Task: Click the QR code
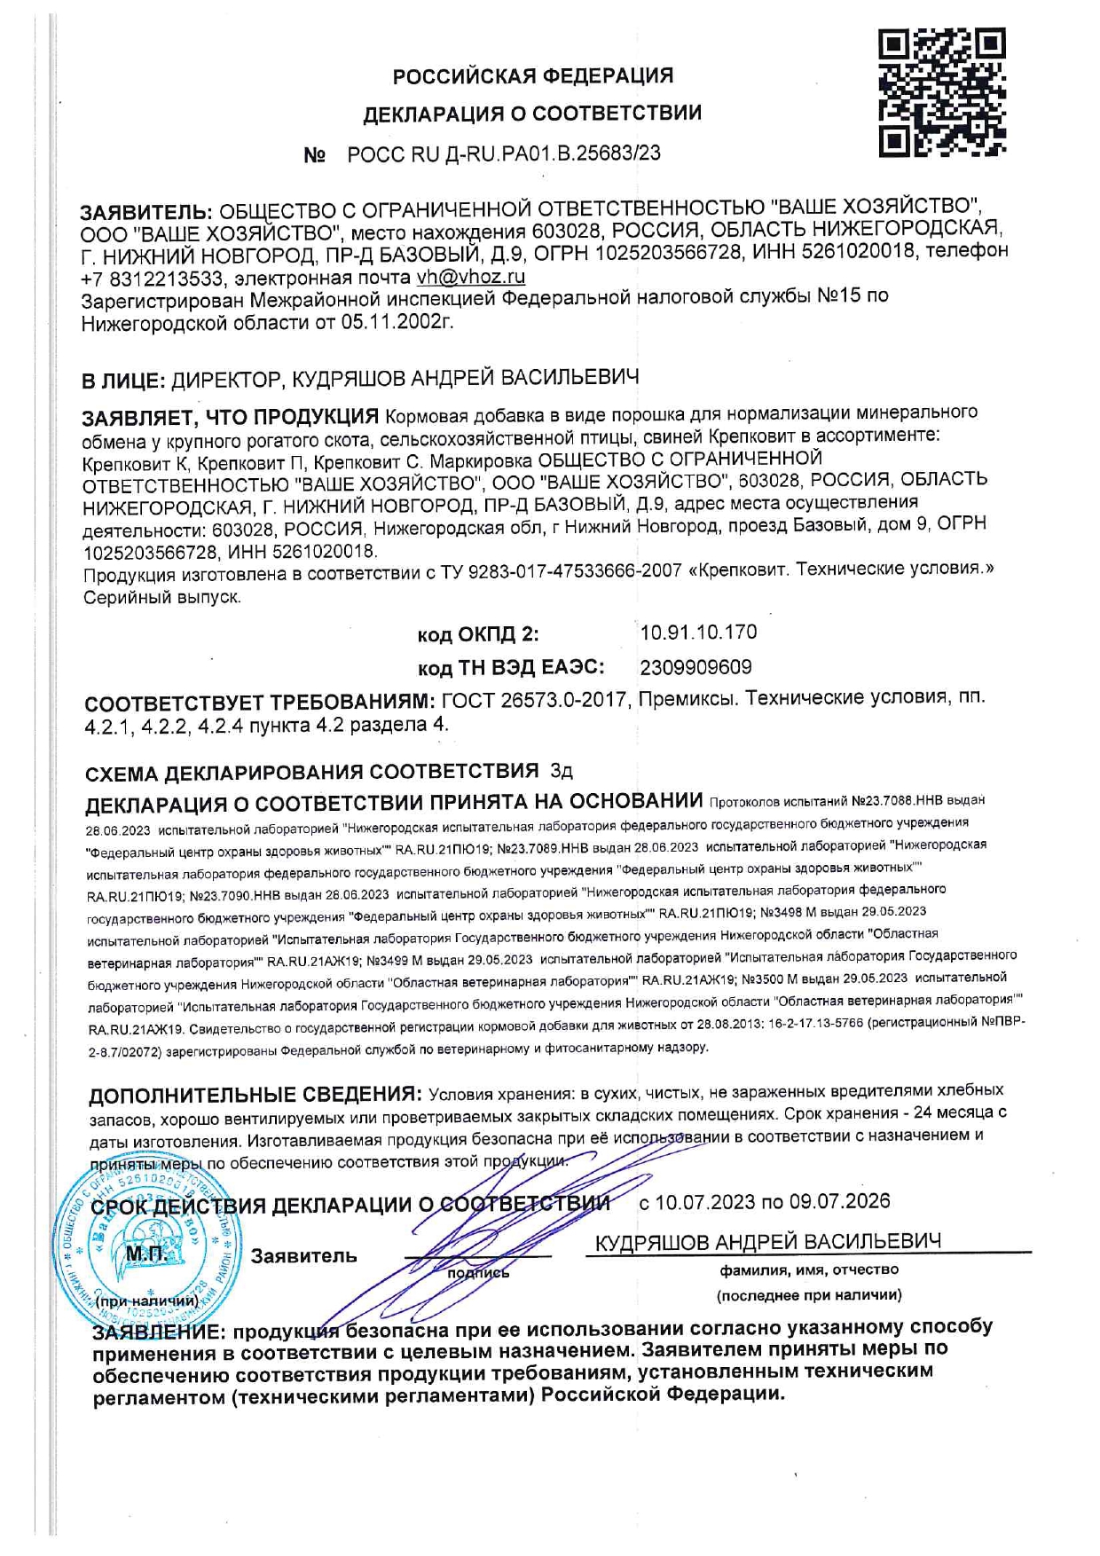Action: [x=942, y=92]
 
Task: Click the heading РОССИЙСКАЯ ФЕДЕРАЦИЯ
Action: [x=533, y=76]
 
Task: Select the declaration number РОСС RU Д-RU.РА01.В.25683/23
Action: [x=504, y=153]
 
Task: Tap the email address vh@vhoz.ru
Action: [x=470, y=276]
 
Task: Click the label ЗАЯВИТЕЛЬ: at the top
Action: [x=145, y=213]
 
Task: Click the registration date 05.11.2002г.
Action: [x=397, y=321]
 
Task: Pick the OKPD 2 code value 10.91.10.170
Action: [x=698, y=632]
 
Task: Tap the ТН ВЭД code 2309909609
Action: [x=695, y=666]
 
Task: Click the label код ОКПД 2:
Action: [x=478, y=634]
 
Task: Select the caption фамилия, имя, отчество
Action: [x=809, y=1269]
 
